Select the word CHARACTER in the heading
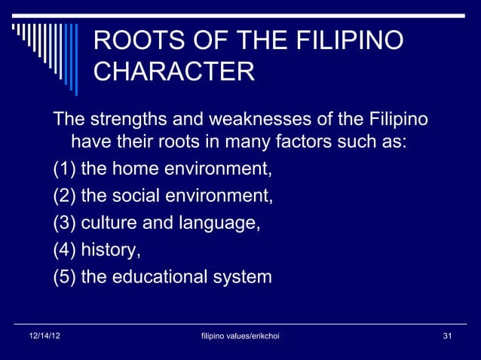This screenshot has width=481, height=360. [174, 73]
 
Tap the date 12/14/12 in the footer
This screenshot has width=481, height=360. [41, 334]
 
